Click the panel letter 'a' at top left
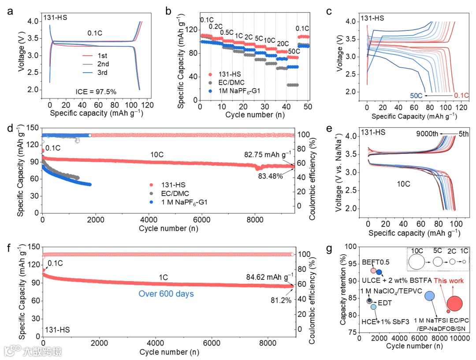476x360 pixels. [10, 11]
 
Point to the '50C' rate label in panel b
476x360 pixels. [293, 52]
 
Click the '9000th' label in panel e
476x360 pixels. [426, 135]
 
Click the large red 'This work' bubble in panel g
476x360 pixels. [454, 303]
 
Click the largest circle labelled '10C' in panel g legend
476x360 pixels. [416, 262]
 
